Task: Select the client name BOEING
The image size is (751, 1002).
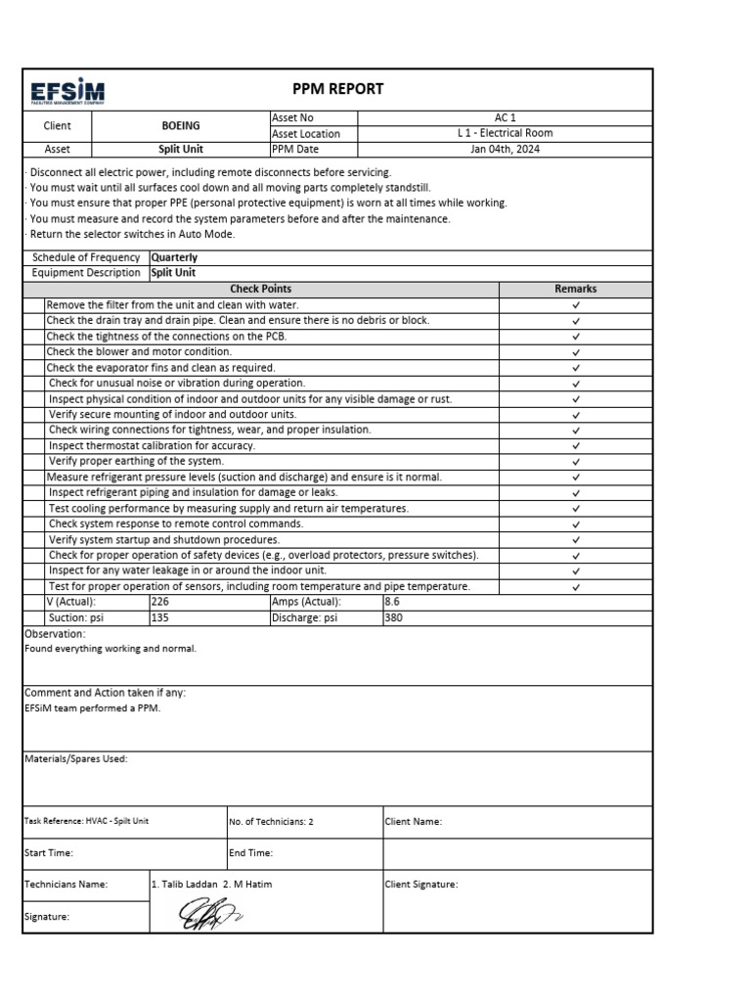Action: [180, 126]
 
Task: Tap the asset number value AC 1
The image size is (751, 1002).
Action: [505, 117]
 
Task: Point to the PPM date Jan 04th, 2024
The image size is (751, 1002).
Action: [505, 150]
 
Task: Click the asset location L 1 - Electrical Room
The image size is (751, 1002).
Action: [505, 133]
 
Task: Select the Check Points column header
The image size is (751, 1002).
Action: [260, 289]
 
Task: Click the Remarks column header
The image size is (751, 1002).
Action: [575, 289]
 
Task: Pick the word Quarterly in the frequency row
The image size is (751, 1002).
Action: [174, 257]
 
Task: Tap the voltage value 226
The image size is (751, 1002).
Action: [160, 603]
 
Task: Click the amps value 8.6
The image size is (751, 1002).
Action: [392, 603]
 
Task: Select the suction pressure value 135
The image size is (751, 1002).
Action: [160, 618]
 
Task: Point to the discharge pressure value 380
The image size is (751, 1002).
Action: [393, 618]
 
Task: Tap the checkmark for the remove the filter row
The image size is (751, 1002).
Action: [576, 305]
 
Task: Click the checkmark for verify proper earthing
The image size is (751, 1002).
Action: [576, 462]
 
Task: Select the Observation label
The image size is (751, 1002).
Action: [55, 634]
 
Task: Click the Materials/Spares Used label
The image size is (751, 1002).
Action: [75, 758]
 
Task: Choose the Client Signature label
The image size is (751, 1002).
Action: [421, 885]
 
